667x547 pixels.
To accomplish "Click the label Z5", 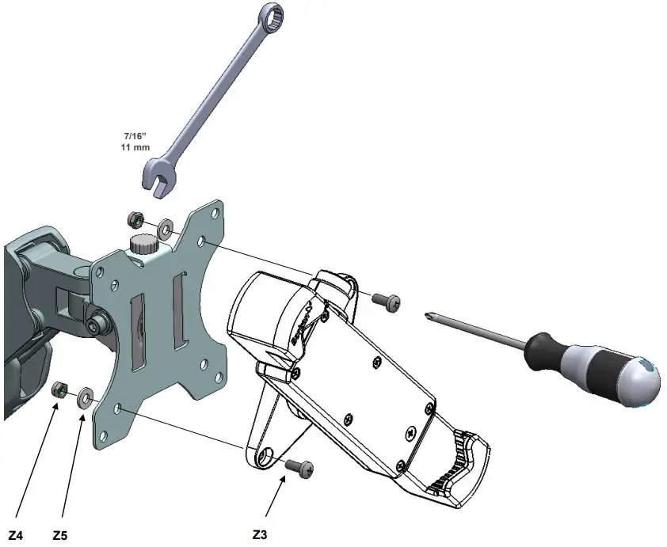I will pyautogui.click(x=59, y=535).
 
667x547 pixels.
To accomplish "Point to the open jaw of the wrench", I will pyautogui.click(x=157, y=179).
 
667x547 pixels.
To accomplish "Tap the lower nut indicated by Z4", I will pyautogui.click(x=58, y=389).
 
